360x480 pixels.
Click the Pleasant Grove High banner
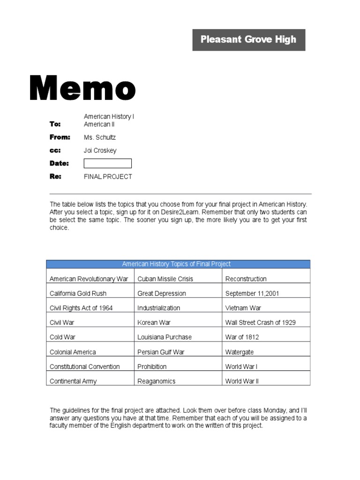(248, 39)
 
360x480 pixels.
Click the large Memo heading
(82, 89)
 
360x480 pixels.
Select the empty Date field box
(107, 163)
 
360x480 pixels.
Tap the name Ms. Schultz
(99, 137)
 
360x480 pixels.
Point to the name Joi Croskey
(100, 150)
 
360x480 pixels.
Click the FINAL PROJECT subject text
(108, 177)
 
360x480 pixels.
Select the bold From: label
(60, 137)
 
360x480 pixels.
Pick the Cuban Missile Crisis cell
(165, 279)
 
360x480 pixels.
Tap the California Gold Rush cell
(78, 293)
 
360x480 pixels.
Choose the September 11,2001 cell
(252, 293)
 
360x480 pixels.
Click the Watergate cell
(240, 352)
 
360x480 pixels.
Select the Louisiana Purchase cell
(165, 337)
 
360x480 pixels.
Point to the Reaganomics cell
(156, 381)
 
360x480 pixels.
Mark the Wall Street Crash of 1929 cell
(260, 322)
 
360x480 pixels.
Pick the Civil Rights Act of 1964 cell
(81, 308)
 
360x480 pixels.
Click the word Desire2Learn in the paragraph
(165, 212)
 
